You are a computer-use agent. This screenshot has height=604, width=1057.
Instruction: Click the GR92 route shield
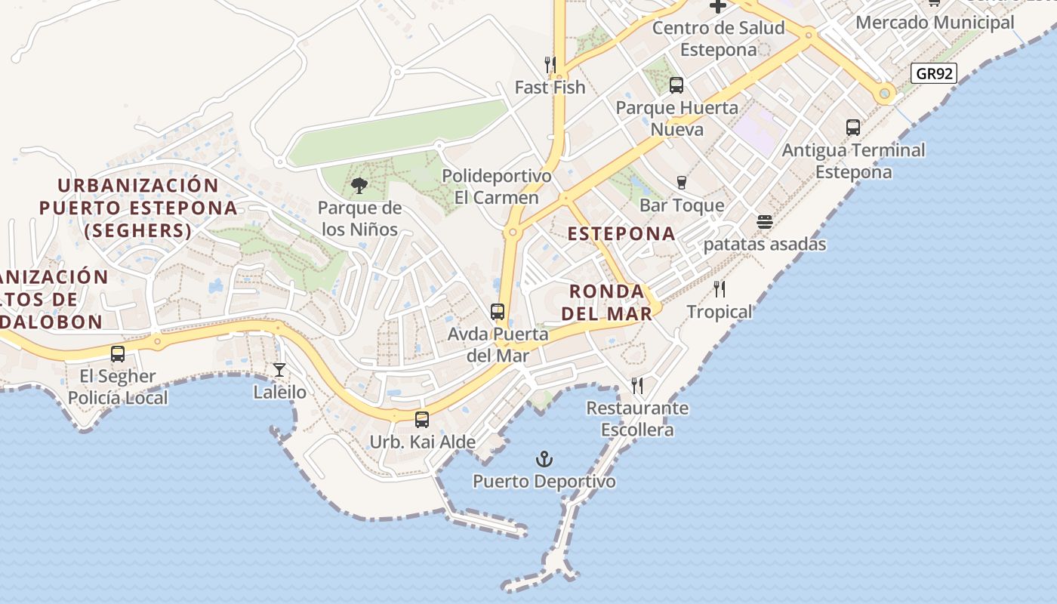pyautogui.click(x=934, y=73)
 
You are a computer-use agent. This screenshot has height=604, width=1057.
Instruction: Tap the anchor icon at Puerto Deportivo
pyautogui.click(x=544, y=459)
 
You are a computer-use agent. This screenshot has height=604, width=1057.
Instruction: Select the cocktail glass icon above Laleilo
pyautogui.click(x=279, y=370)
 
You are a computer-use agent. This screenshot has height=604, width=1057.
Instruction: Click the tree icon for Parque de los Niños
pyautogui.click(x=359, y=185)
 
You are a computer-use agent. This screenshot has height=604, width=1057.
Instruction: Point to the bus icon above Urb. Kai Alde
pyautogui.click(x=422, y=420)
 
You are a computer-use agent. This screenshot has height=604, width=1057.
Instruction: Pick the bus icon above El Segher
pyautogui.click(x=118, y=354)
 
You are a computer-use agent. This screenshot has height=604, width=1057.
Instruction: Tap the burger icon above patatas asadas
pyautogui.click(x=765, y=223)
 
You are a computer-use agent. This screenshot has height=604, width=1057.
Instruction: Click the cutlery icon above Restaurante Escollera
pyautogui.click(x=637, y=387)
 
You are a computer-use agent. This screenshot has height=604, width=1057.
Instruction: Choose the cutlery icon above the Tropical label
pyautogui.click(x=720, y=289)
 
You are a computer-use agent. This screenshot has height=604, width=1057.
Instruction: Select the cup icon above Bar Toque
pyautogui.click(x=682, y=183)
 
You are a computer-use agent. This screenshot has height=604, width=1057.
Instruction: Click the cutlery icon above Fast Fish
pyautogui.click(x=550, y=65)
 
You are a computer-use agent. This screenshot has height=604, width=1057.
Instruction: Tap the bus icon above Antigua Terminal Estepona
pyautogui.click(x=853, y=128)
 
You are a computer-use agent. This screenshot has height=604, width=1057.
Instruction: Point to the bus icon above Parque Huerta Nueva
pyautogui.click(x=676, y=85)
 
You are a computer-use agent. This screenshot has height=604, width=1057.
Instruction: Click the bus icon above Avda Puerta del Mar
pyautogui.click(x=498, y=312)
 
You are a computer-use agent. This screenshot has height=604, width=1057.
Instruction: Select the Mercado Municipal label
pyautogui.click(x=935, y=23)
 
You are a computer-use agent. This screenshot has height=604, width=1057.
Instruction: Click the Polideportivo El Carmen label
pyautogui.click(x=497, y=186)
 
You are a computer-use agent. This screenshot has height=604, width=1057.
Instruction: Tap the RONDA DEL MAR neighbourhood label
pyautogui.click(x=607, y=302)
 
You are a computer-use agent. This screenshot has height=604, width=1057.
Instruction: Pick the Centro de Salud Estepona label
pyautogui.click(x=718, y=39)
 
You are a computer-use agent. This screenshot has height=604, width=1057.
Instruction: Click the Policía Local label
pyautogui.click(x=118, y=397)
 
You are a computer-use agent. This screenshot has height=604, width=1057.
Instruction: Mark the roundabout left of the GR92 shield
pyautogui.click(x=886, y=94)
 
